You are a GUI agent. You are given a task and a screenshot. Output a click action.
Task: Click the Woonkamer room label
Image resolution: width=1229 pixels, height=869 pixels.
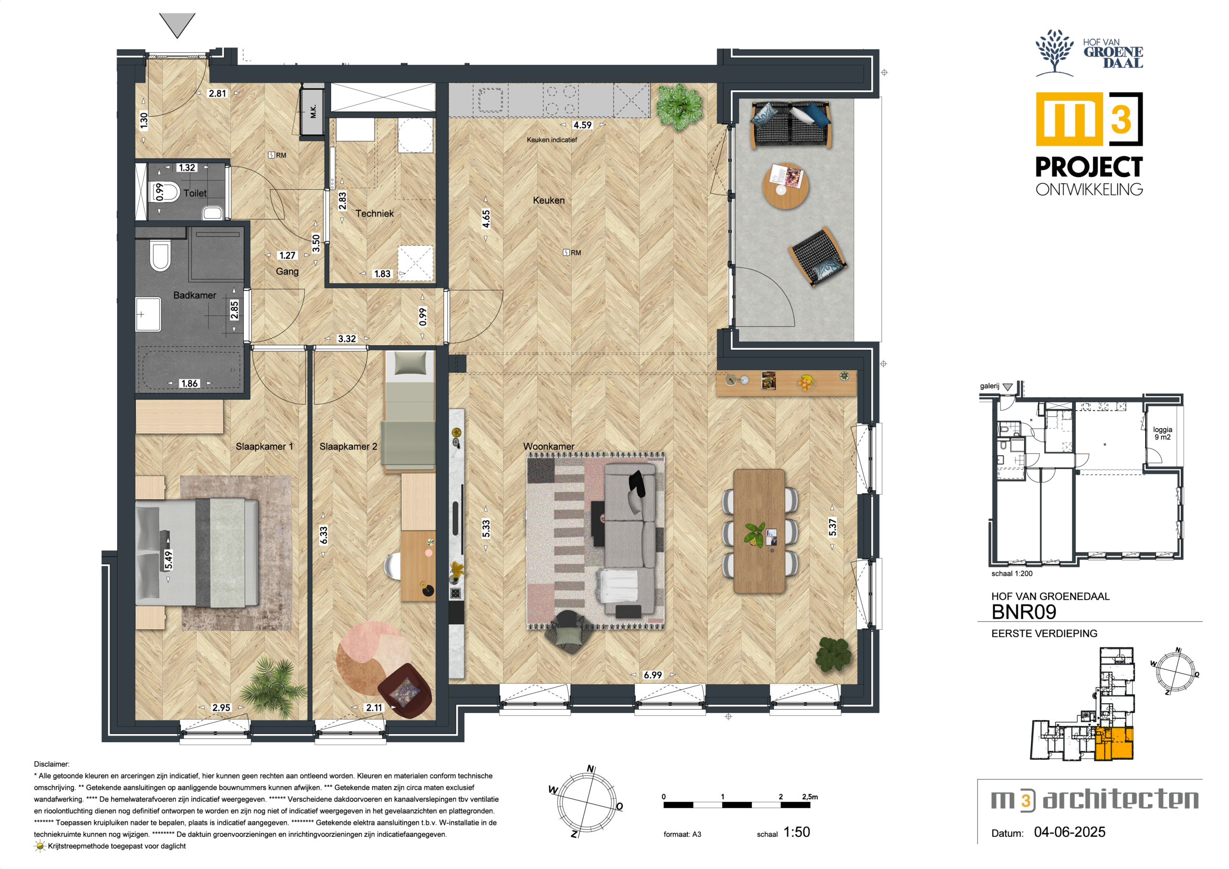click(549, 446)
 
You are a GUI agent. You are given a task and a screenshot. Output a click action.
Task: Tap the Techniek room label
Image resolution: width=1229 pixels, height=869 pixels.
click(374, 213)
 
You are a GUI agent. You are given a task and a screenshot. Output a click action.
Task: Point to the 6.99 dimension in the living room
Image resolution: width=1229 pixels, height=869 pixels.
click(652, 675)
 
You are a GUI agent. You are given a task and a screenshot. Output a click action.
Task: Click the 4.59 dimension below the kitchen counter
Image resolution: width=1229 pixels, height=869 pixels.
click(582, 125)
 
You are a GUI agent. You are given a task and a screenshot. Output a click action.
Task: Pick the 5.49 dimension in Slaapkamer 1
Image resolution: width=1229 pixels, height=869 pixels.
click(168, 560)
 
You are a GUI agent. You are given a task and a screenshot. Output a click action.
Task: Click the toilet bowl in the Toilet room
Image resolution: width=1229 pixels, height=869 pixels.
click(167, 191)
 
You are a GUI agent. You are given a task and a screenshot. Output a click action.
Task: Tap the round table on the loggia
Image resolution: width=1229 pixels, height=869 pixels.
click(785, 186)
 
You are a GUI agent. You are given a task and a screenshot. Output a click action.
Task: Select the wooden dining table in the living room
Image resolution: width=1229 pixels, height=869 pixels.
click(759, 531)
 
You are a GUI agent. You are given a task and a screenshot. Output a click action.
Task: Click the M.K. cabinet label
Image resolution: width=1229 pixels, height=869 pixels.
click(313, 111)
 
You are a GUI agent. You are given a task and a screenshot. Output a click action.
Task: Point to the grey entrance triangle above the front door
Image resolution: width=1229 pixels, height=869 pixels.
click(177, 25)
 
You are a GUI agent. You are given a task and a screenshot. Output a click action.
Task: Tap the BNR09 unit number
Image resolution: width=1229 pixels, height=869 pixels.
click(1024, 612)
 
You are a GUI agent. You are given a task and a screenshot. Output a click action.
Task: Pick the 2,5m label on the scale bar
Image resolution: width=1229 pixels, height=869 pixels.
click(810, 796)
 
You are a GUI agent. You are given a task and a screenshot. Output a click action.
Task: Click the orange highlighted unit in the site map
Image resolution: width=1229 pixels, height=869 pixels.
click(1114, 744)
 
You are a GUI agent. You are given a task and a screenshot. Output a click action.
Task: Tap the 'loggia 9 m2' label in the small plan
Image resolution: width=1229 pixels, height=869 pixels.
click(1162, 433)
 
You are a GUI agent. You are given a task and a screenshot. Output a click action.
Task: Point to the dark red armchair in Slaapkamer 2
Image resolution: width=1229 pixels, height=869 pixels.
click(405, 691)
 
